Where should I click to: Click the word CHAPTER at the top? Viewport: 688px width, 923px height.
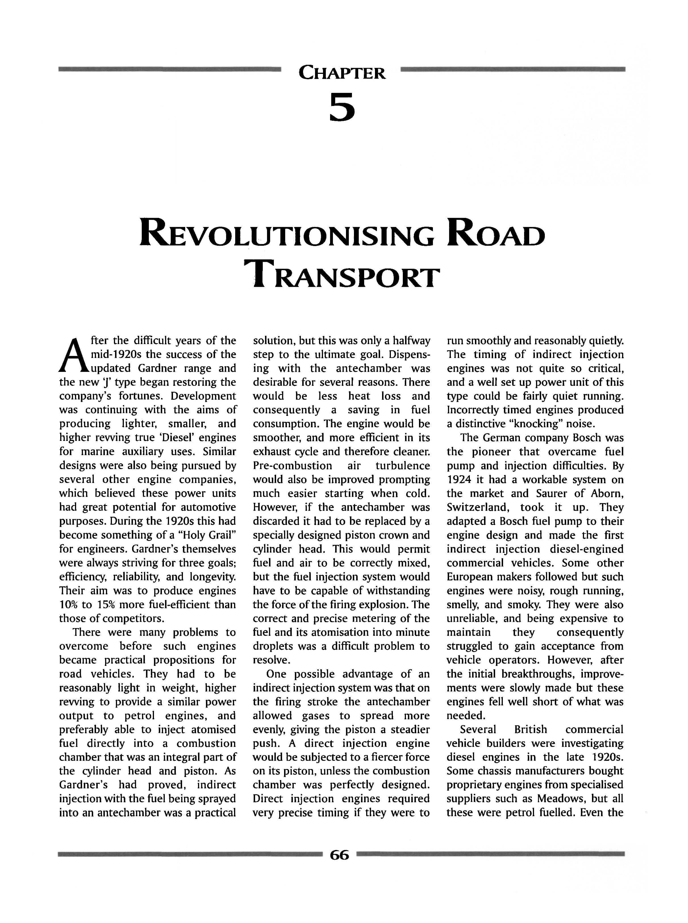[342, 73]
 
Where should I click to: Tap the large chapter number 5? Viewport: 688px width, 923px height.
[342, 107]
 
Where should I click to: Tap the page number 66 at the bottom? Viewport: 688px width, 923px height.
[339, 855]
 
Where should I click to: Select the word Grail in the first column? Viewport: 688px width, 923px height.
[222, 535]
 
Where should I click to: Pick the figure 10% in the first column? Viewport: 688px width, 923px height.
[68, 604]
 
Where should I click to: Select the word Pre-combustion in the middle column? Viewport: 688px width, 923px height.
[292, 466]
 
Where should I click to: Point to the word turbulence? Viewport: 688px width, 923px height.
[402, 466]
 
